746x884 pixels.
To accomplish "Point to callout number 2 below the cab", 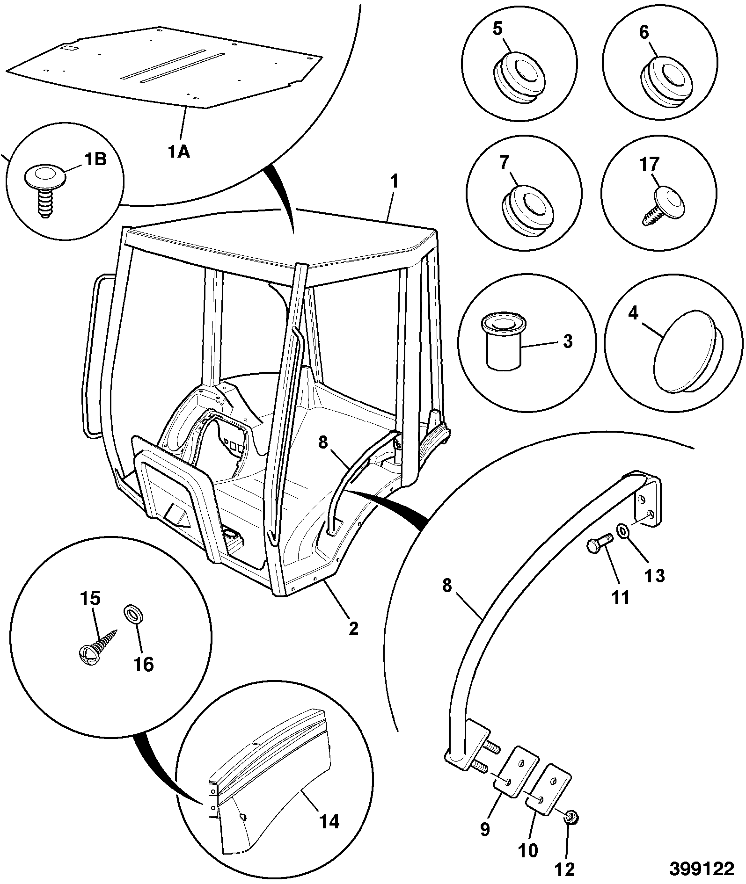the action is click(x=354, y=628).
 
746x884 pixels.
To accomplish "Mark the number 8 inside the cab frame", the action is click(x=323, y=442).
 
